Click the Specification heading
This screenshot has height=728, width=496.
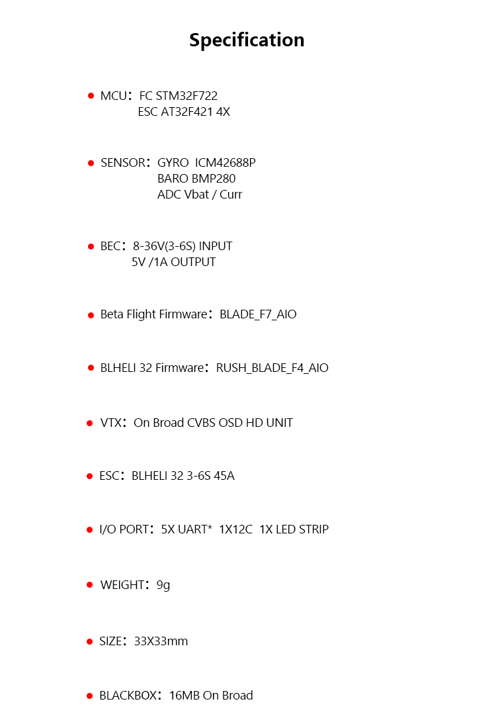(247, 40)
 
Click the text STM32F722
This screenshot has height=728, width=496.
(187, 96)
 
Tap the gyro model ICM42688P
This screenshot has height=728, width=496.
(226, 162)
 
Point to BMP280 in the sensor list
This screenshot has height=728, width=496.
(214, 179)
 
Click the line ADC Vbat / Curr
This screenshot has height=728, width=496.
(200, 195)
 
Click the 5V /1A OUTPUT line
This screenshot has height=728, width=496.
(174, 262)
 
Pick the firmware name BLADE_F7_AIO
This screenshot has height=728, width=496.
(258, 314)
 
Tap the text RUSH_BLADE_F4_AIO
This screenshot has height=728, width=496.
(272, 368)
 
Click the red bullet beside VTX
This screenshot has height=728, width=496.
(90, 424)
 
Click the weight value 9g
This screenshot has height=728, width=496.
(163, 585)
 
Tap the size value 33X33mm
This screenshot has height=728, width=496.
(161, 641)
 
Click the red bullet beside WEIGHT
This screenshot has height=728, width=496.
(90, 585)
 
